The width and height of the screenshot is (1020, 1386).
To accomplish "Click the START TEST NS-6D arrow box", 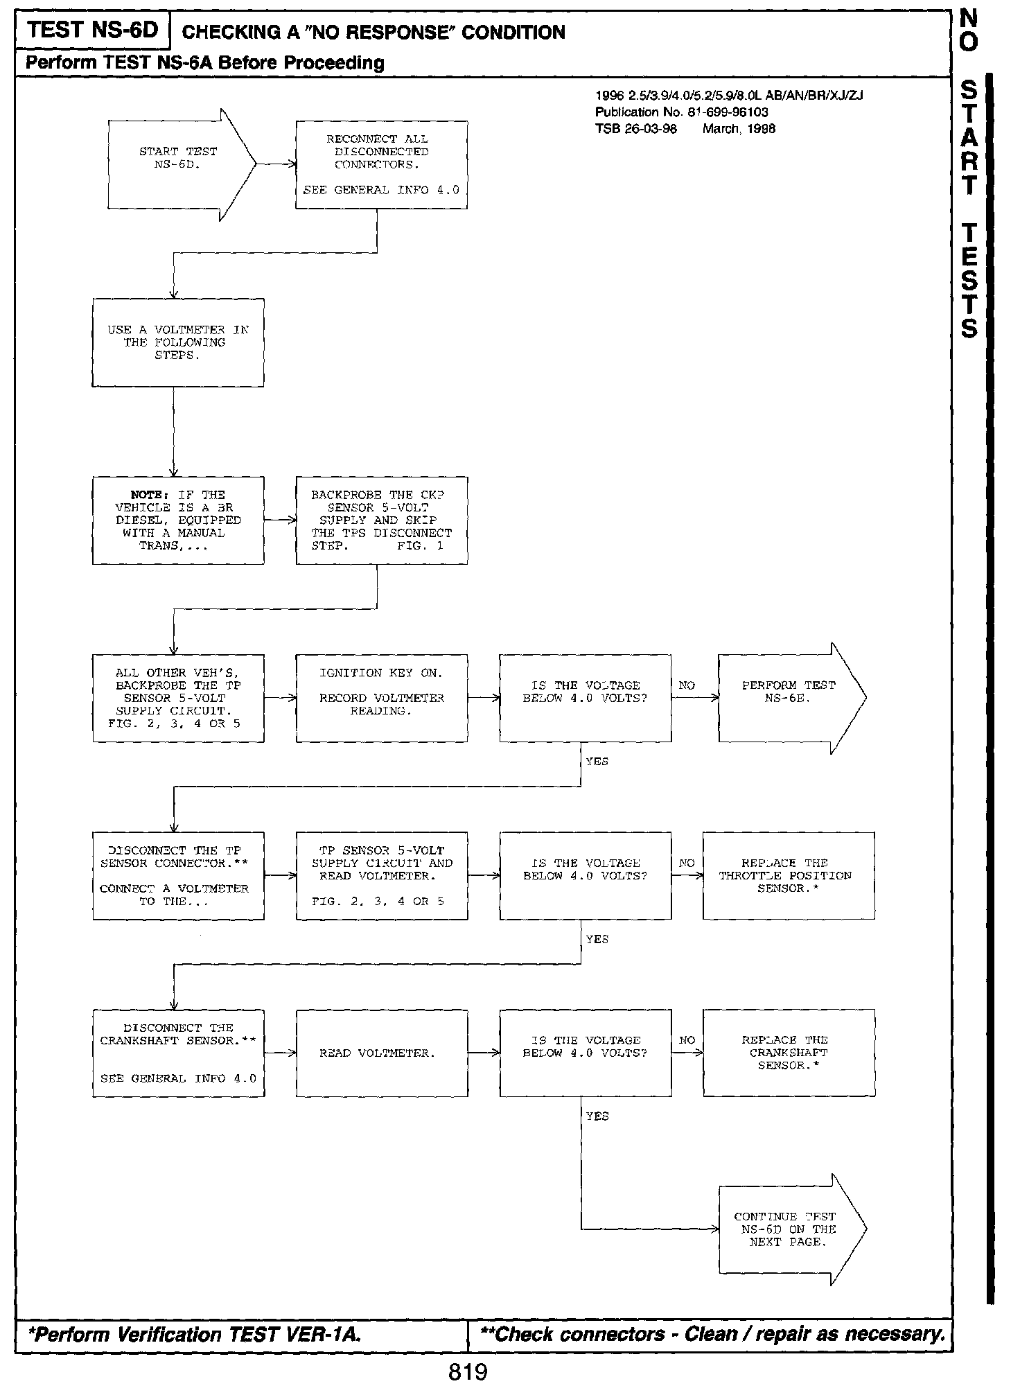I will click(177, 164).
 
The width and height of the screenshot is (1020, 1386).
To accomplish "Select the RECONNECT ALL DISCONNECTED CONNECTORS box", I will click(381, 164).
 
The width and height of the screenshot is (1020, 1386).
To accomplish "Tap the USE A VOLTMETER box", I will click(178, 342).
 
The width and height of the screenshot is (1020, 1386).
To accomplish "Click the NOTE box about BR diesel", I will click(178, 520).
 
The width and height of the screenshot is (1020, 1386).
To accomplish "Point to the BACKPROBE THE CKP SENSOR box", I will click(381, 520).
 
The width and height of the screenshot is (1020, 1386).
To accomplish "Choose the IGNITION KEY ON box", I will click(381, 698).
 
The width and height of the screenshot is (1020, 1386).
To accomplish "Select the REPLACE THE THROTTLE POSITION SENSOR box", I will click(789, 875).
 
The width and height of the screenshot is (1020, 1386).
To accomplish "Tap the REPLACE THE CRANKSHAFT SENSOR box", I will click(789, 1053).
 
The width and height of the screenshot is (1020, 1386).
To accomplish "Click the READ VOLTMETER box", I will click(381, 1053).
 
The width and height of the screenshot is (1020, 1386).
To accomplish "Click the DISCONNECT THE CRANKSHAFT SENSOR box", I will click(178, 1053).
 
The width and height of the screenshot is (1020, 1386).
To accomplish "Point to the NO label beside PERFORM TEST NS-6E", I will click(687, 685).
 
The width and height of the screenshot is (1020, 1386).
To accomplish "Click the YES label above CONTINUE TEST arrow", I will click(597, 1116).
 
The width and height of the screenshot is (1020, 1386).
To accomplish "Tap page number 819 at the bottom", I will click(468, 1371).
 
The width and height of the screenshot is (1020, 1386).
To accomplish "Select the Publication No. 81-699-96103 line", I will click(681, 112).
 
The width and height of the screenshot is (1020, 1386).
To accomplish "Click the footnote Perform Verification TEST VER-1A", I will click(193, 1334).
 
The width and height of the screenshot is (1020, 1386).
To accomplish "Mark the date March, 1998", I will click(739, 128).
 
